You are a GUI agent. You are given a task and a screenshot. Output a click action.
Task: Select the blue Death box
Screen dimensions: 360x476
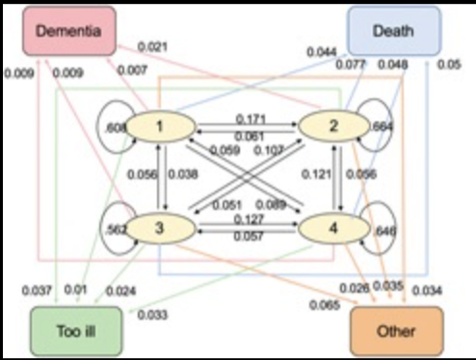(393, 31)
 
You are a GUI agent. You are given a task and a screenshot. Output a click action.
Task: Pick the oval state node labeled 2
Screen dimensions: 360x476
(332, 125)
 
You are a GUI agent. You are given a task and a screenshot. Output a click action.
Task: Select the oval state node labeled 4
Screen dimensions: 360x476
(332, 228)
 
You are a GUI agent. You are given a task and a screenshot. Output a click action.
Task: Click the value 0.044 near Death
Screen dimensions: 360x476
(321, 51)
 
